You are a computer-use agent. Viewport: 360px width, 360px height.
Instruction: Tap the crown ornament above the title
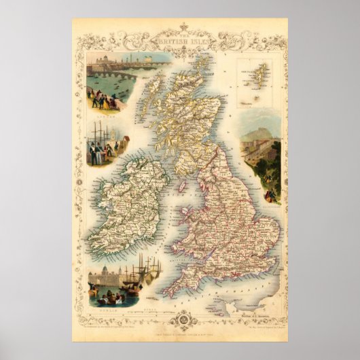pos(180,26)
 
